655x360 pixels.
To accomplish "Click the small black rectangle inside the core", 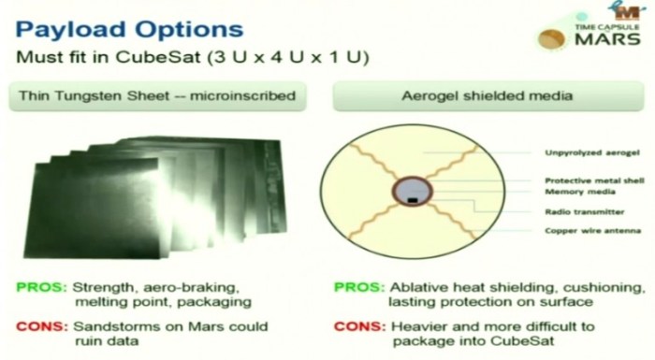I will (x=411, y=197).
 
